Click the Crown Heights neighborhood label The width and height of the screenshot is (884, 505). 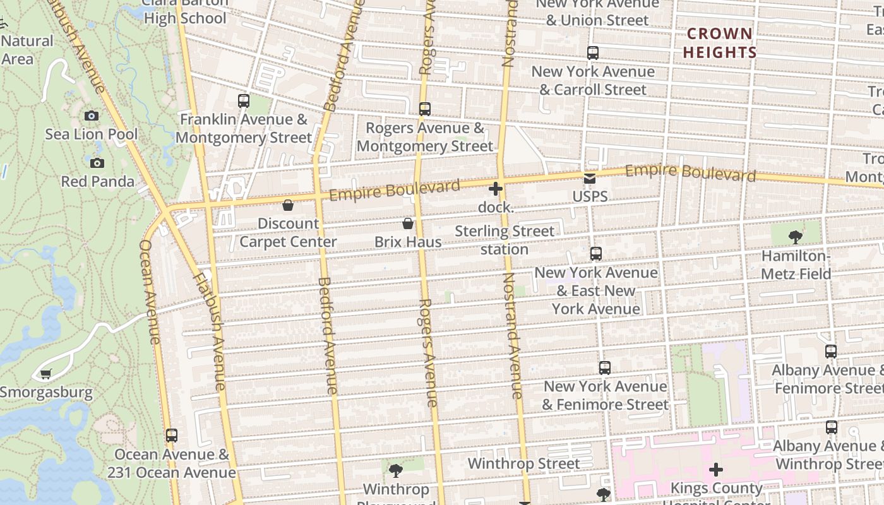719,43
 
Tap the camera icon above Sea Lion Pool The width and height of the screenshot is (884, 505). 92,116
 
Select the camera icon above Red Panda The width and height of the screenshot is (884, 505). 97,163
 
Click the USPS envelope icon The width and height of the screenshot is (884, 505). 590,179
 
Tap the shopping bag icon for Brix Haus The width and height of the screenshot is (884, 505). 408,223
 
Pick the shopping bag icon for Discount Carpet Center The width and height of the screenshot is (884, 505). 288,205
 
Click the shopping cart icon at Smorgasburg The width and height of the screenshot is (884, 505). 45,374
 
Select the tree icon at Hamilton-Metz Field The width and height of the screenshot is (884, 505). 796,237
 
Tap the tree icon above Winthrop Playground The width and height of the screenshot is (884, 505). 396,470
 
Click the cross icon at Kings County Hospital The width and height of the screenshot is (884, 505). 715,470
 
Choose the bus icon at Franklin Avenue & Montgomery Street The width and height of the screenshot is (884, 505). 244,101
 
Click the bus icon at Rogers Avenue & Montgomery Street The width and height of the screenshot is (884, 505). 425,109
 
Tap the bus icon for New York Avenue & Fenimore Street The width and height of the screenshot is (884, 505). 605,368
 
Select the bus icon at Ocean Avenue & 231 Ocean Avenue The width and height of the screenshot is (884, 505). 172,436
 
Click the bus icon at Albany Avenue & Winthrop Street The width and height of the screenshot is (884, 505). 832,427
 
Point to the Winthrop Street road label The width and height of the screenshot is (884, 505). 523,464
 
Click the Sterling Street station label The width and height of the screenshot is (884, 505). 504,240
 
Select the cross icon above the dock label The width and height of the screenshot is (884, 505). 496,188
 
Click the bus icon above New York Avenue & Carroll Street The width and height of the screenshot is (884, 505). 592,54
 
